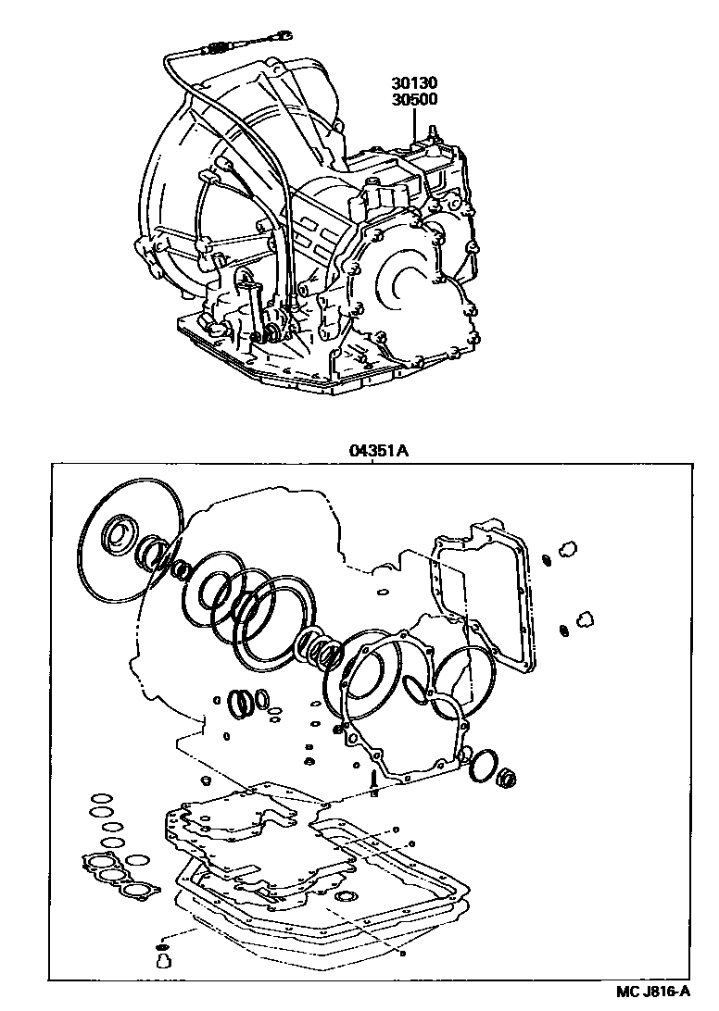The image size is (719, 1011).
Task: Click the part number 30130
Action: (x=414, y=83)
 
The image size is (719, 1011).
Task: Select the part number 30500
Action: (x=414, y=99)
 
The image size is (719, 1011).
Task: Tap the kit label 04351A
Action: (x=379, y=451)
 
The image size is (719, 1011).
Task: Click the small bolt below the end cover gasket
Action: (x=374, y=782)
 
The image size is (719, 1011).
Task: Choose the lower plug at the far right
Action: (x=585, y=619)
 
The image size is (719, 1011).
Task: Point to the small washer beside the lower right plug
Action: (x=564, y=630)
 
